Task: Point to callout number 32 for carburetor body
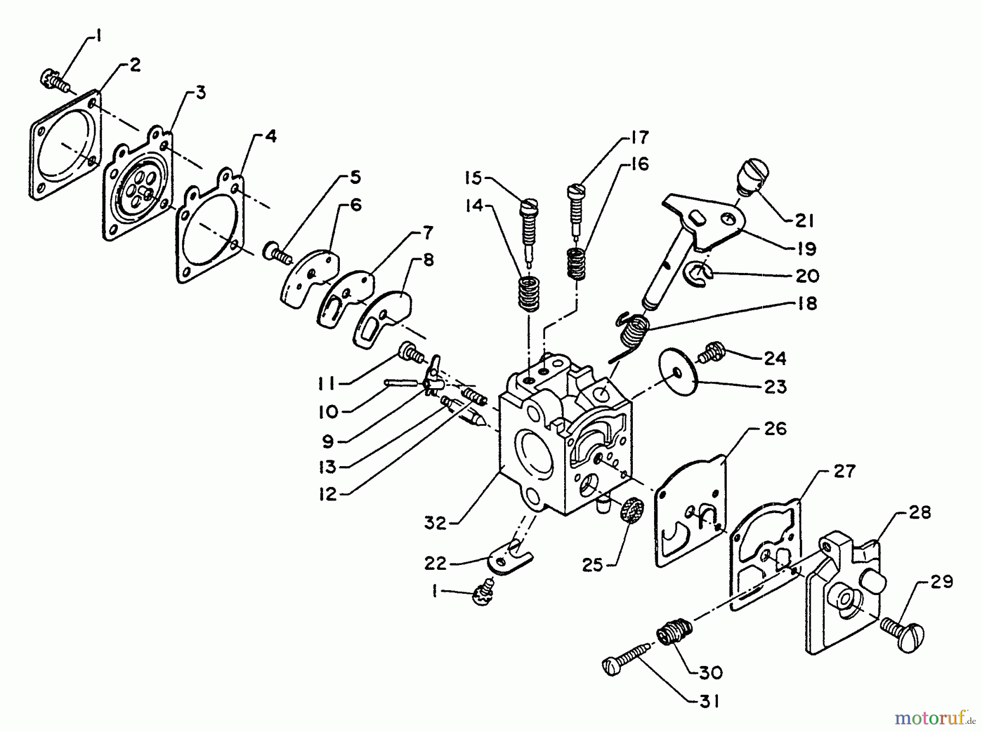435,523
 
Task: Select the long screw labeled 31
627,657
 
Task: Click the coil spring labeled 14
528,294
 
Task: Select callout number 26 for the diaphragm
775,429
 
